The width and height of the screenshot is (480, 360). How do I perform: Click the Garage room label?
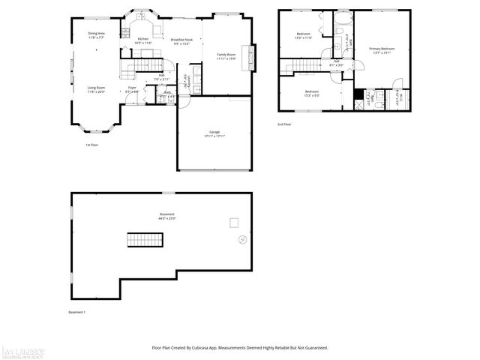click(214, 133)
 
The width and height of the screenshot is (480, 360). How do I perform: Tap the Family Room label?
click(226, 56)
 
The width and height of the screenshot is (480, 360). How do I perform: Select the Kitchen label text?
click(142, 40)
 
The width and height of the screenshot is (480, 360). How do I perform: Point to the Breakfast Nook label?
click(182, 41)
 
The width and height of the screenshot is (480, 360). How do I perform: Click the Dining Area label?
click(95, 34)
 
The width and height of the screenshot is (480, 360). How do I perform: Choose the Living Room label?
click(95, 89)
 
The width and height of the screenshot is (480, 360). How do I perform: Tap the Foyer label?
click(132, 89)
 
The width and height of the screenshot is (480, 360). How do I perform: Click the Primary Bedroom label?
click(382, 50)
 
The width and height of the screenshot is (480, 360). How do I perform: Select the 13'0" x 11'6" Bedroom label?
click(304, 36)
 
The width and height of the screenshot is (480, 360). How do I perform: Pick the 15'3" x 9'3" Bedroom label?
click(312, 93)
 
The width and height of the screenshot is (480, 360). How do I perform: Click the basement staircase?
click(145, 240)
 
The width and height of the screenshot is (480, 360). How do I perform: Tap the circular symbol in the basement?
click(241, 240)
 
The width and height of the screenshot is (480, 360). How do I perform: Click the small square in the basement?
click(234, 222)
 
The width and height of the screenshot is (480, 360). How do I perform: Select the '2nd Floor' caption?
click(284, 124)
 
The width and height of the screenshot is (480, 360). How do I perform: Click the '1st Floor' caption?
click(91, 145)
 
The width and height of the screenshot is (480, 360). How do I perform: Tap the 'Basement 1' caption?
click(77, 312)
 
